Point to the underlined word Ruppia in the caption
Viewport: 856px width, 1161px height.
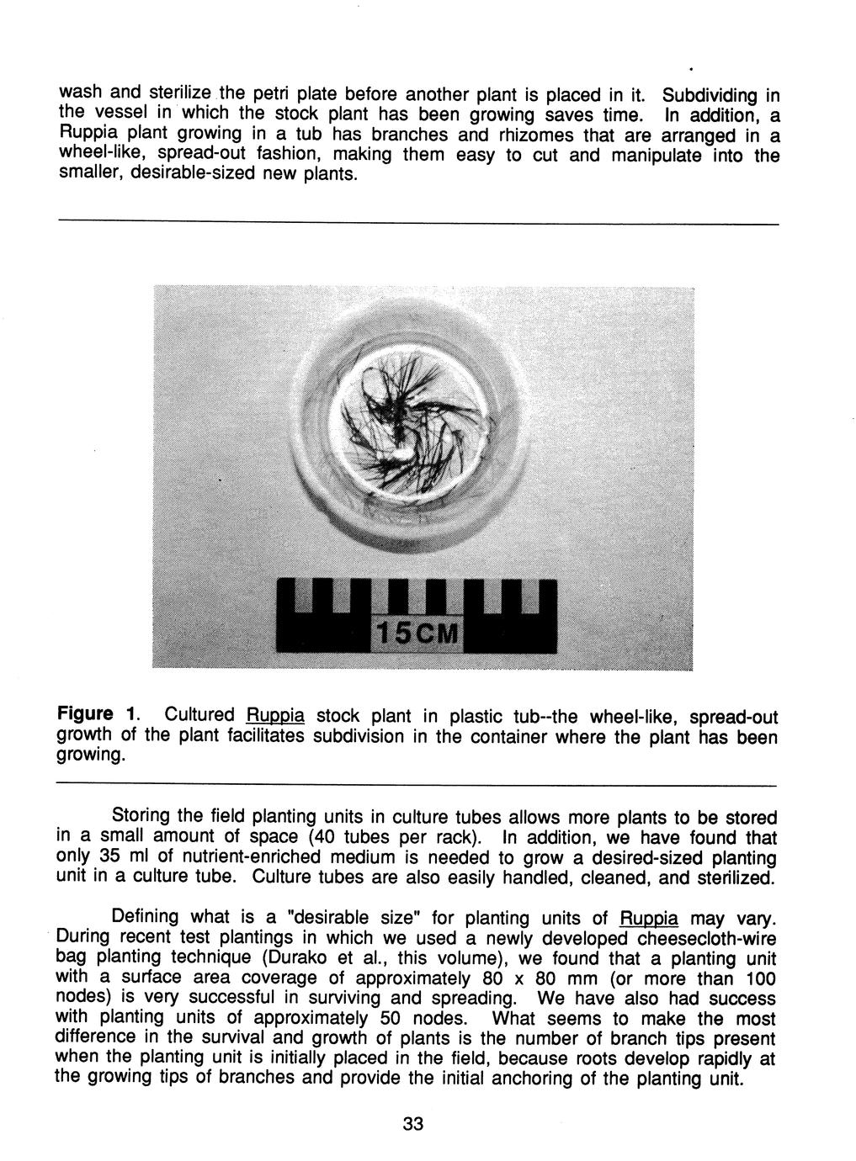[x=274, y=717]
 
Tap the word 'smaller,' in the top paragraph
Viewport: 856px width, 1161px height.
[x=88, y=178]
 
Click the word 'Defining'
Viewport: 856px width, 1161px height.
[x=146, y=918]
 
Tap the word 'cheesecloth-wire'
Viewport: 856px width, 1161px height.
[x=703, y=938]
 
